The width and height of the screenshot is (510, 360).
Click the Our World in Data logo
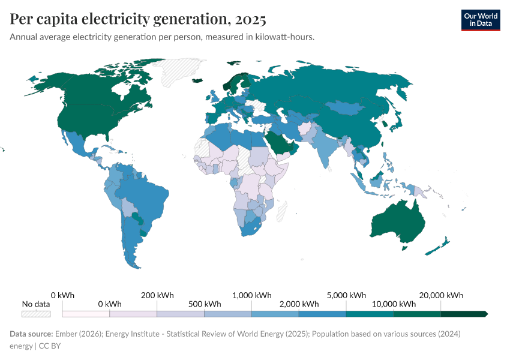click(481, 20)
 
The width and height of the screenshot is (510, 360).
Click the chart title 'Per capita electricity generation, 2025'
click(138, 19)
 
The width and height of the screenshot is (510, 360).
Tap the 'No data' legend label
click(35, 304)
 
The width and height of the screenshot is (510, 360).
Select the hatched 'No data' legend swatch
click(35, 314)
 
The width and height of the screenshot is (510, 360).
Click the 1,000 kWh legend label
click(252, 295)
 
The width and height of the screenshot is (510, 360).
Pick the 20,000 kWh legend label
click(441, 295)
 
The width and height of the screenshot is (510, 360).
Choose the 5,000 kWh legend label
click(347, 295)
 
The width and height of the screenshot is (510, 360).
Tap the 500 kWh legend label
click(205, 304)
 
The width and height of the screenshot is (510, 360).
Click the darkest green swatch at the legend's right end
click(463, 314)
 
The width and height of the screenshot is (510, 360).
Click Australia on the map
click(399, 222)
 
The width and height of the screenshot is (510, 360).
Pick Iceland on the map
click(198, 80)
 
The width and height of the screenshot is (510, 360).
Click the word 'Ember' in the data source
click(66, 334)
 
